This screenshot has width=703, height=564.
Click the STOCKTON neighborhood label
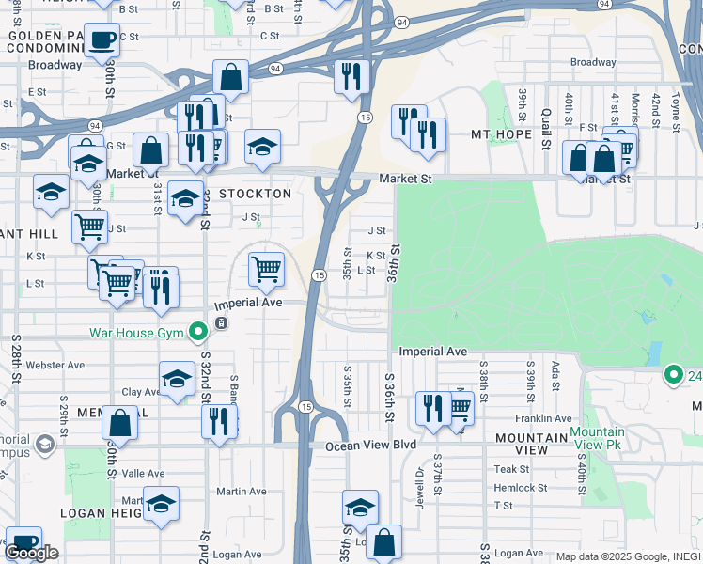[x=255, y=194]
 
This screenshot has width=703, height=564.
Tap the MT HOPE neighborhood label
[x=502, y=134]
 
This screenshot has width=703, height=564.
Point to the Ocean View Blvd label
[x=370, y=446]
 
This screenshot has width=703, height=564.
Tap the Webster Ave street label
[x=55, y=365]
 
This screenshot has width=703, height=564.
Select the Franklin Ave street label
[x=542, y=418]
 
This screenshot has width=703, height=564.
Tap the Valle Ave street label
[x=144, y=474]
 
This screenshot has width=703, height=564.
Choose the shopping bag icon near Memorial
[x=120, y=422]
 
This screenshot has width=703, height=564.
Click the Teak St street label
[x=512, y=469]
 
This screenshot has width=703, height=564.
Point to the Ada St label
[x=555, y=368]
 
